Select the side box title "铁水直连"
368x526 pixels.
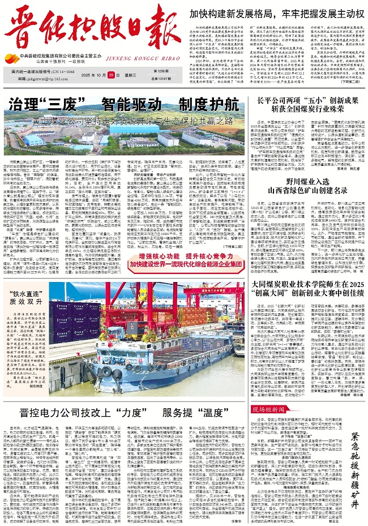28,294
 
